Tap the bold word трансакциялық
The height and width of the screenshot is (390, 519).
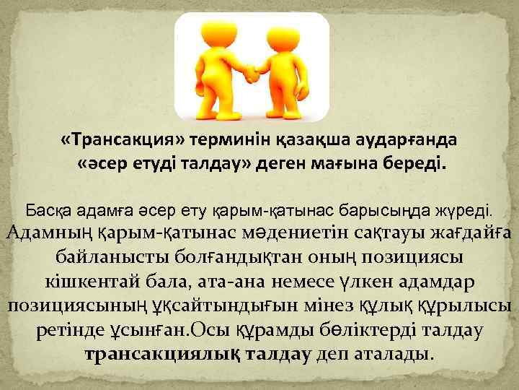(x=157, y=355)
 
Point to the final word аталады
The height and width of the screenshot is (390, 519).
(x=393, y=355)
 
